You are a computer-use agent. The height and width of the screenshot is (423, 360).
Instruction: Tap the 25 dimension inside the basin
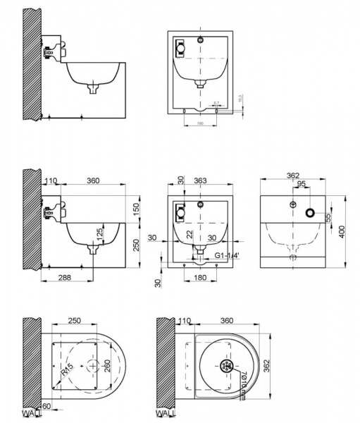[x=101, y=232]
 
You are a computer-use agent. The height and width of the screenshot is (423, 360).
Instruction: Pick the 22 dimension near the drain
[x=189, y=234]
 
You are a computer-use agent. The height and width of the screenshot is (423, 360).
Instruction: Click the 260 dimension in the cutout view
[x=108, y=366]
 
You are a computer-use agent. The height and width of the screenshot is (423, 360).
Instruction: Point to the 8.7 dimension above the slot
[x=216, y=103]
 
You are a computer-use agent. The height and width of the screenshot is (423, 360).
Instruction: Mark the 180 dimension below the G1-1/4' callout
[x=199, y=278]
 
